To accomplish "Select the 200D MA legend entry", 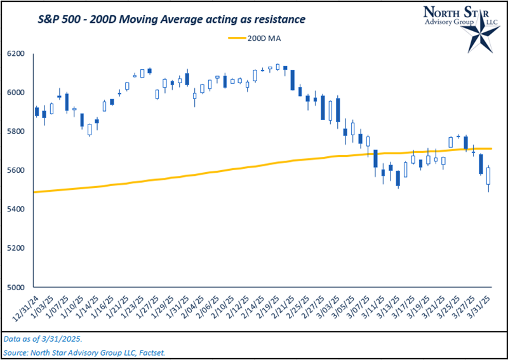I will point(254,39).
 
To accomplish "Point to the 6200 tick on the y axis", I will point(18,54).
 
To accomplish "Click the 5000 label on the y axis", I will point(18,286).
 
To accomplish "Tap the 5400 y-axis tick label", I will point(18,209).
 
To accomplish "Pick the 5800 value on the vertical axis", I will point(18,131).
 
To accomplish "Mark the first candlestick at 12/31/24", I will point(36,112).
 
